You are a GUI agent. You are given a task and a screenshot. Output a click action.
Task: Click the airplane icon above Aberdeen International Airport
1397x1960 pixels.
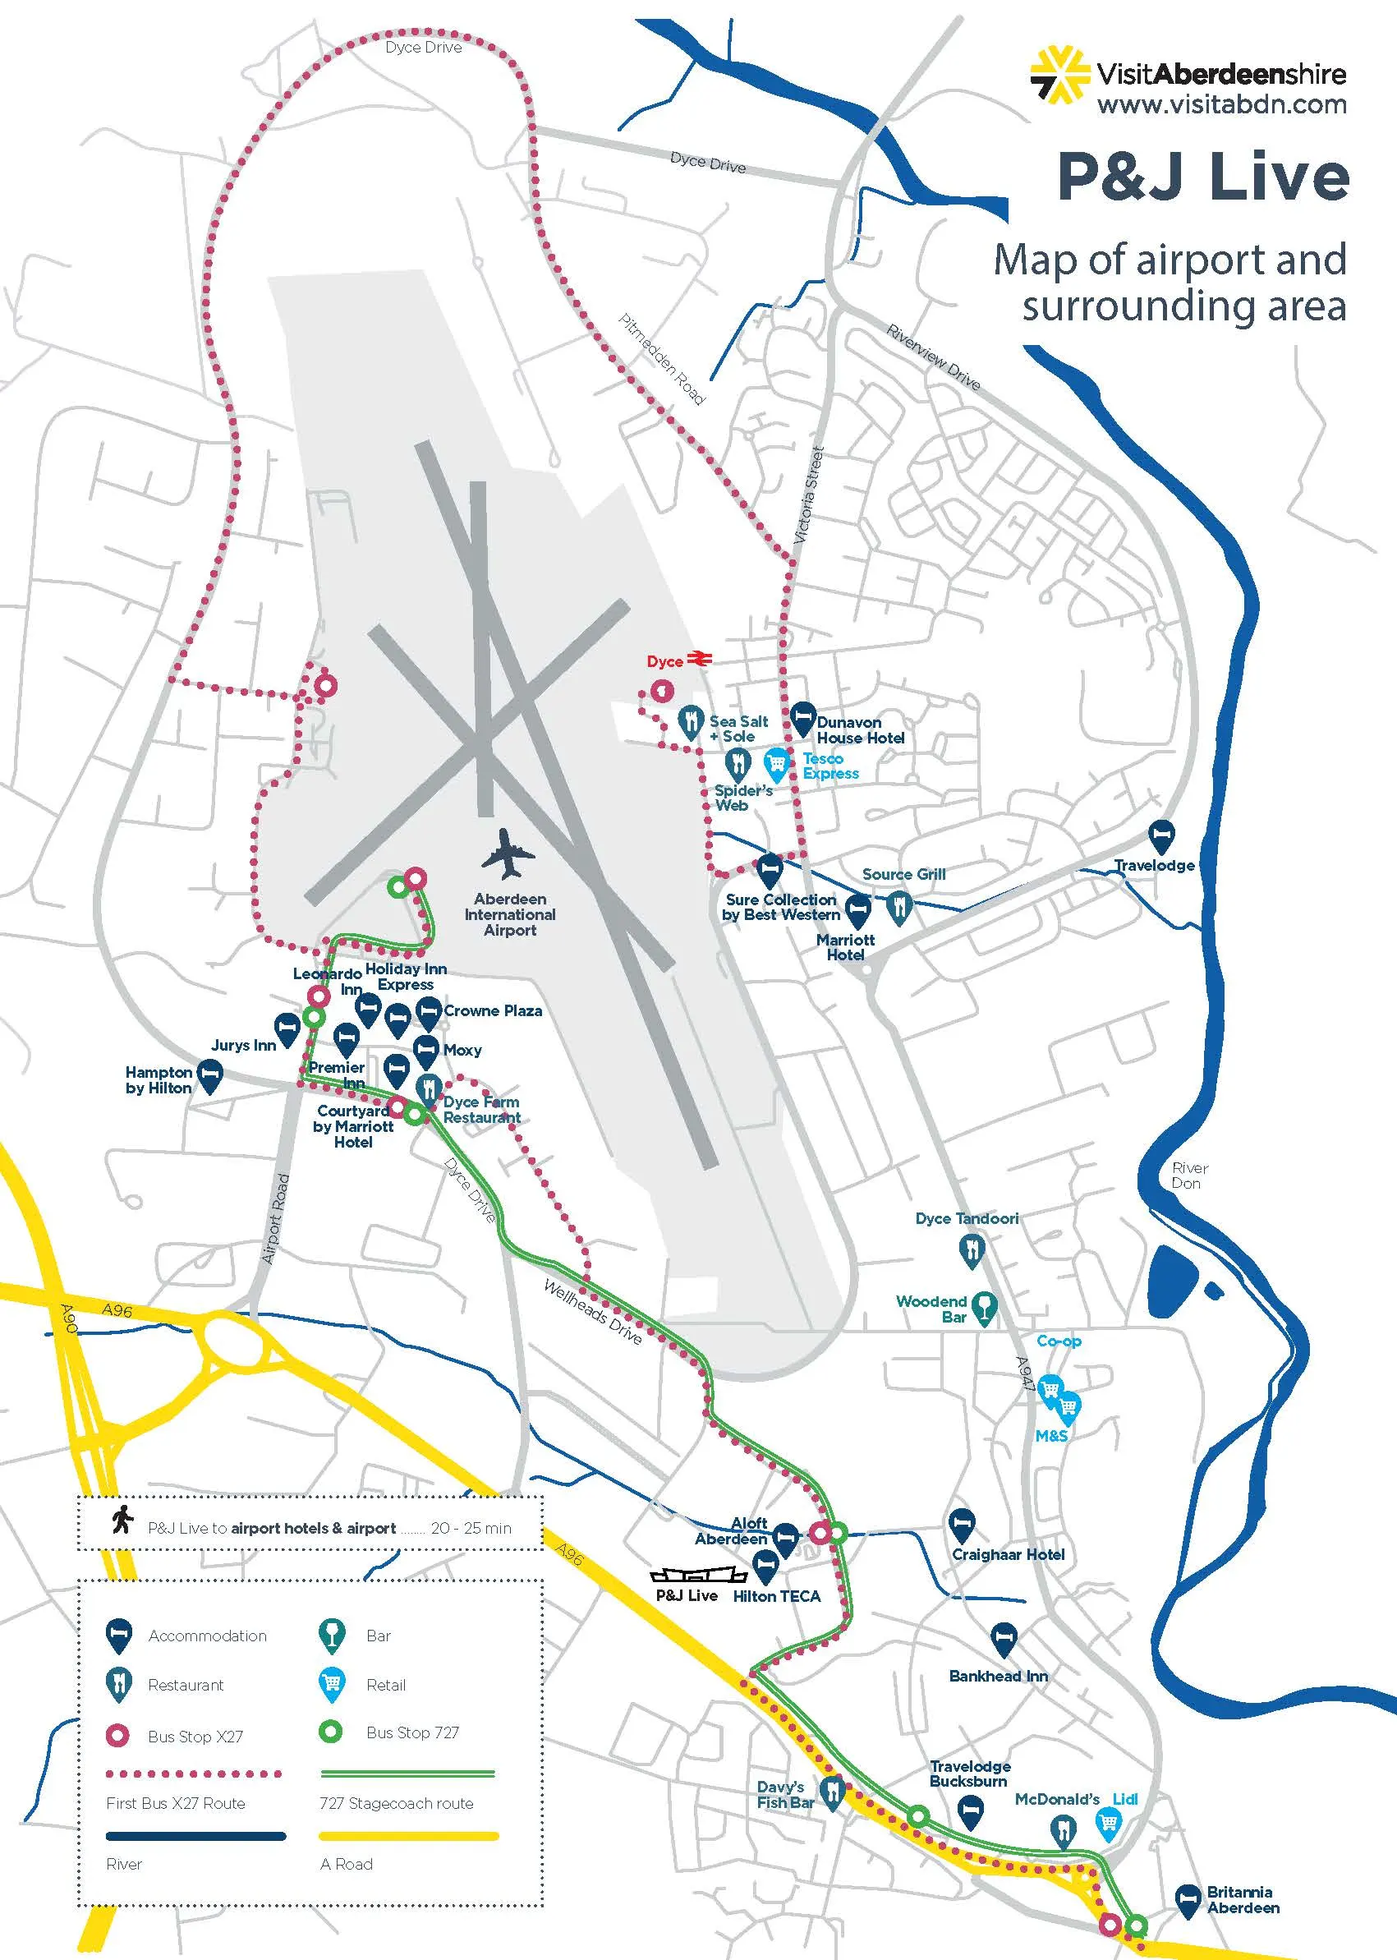point(508,851)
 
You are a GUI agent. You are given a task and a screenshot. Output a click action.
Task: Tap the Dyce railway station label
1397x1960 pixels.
point(665,660)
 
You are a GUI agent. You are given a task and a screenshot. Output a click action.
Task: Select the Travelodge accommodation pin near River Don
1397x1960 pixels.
point(1161,834)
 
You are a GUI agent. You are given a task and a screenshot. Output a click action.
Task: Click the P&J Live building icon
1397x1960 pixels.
point(685,1575)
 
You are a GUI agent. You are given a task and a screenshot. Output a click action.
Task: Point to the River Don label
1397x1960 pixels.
point(1190,1176)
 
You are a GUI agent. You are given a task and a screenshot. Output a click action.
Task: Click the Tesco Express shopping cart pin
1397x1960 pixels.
point(777,763)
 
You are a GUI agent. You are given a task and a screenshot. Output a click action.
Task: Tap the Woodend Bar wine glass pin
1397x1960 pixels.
point(983,1307)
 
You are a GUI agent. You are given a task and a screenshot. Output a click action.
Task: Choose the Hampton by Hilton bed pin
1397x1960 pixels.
point(210,1074)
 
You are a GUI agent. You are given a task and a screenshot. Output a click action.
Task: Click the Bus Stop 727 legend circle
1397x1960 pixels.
point(330,1731)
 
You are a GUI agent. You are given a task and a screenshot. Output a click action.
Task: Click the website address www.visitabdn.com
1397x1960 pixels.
point(1221,105)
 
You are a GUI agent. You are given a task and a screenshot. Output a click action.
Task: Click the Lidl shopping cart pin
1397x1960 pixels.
point(1108,1821)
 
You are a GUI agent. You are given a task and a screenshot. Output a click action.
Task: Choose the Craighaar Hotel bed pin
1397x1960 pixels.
point(961,1524)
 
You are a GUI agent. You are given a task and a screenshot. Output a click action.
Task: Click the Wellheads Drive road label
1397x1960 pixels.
point(593,1311)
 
